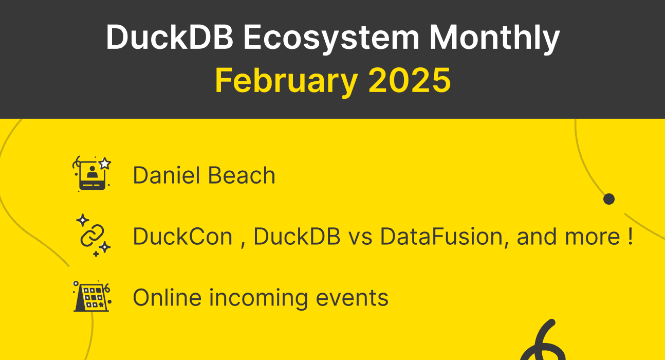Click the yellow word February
(286, 80)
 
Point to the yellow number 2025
(409, 80)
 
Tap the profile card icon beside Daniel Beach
(92, 174)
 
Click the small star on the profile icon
(105, 164)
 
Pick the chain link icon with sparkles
(93, 236)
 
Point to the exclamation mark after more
(630, 236)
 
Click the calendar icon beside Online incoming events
(91, 297)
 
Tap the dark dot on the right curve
(609, 199)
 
